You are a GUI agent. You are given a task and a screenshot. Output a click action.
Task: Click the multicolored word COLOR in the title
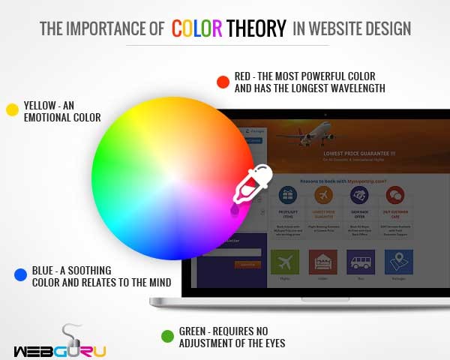[196, 28]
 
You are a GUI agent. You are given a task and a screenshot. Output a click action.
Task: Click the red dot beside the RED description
[222, 82]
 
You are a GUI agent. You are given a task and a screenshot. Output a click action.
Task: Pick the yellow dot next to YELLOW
[12, 109]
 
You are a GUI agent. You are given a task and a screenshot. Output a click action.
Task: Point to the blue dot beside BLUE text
[20, 275]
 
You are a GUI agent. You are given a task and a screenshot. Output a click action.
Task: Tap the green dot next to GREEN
[167, 336]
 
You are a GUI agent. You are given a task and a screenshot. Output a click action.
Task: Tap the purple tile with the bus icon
[361, 262]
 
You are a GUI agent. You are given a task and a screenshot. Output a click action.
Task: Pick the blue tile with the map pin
[398, 262]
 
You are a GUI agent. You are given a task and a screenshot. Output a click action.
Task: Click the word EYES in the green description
[271, 343]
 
